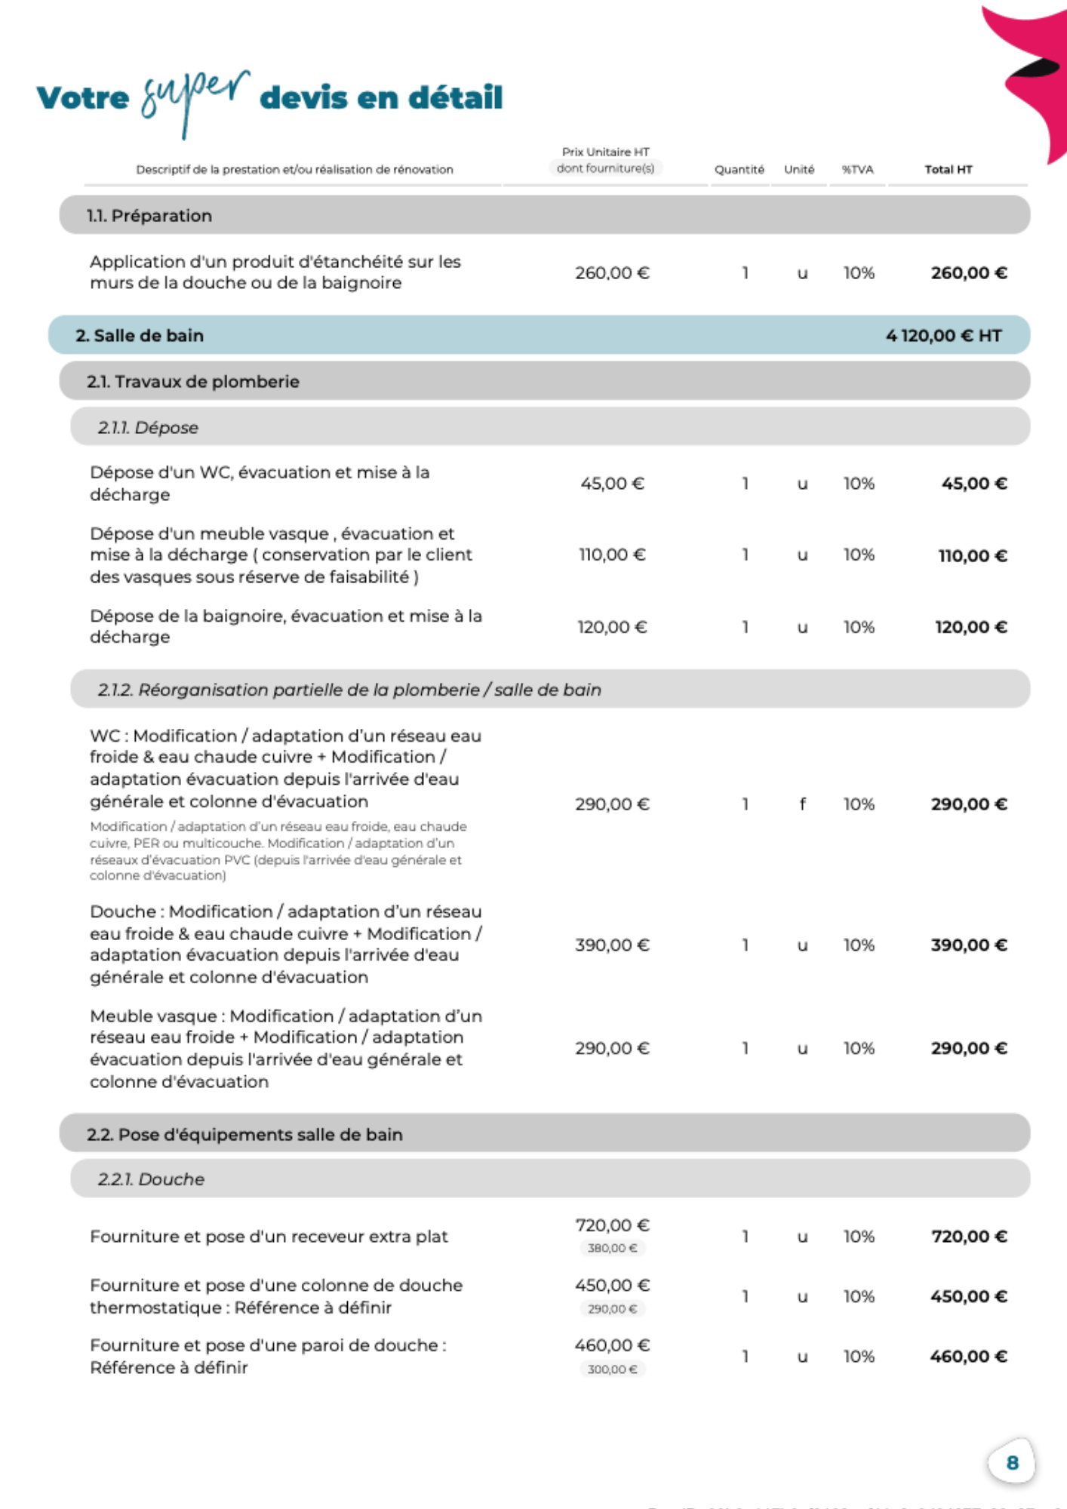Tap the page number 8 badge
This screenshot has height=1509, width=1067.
point(1012,1463)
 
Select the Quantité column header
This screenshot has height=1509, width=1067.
point(739,170)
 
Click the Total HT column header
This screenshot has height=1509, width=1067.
point(949,170)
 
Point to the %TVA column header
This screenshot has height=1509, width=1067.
point(857,170)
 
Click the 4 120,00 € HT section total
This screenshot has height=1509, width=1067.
point(943,336)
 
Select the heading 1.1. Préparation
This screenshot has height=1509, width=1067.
point(149,216)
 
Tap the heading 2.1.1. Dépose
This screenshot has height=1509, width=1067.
point(147,428)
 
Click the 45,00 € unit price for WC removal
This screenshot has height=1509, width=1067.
point(612,484)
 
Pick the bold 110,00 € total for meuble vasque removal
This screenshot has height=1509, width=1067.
point(972,556)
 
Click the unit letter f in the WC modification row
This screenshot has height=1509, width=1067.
point(802,804)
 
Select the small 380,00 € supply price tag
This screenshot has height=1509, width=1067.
point(612,1249)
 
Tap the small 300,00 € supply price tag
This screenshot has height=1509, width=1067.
point(612,1369)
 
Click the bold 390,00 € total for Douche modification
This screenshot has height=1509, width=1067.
point(969,945)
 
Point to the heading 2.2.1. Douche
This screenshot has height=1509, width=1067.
point(151,1179)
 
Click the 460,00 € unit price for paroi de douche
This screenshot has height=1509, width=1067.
point(612,1345)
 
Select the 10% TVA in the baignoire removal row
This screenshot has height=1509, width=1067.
point(859,627)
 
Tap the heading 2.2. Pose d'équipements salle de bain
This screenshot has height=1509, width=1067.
point(244,1135)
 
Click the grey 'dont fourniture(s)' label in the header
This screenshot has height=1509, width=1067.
point(605,168)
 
